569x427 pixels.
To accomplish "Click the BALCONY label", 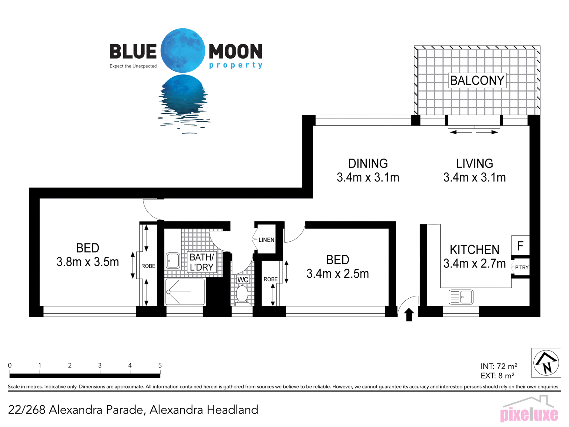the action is (x=477, y=80).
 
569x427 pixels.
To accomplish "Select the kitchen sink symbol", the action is (x=461, y=297).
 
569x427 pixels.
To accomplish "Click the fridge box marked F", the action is (x=520, y=246).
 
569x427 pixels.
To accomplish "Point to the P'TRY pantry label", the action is (x=522, y=267).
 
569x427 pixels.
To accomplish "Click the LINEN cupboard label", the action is (x=266, y=240).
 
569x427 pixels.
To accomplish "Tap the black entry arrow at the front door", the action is (x=409, y=314).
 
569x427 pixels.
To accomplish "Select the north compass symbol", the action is (x=546, y=363).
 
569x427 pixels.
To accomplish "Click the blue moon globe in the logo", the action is (x=183, y=50).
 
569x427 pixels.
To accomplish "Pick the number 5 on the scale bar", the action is (x=160, y=365).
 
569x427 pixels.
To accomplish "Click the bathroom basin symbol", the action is (x=173, y=260).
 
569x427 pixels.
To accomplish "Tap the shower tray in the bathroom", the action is (x=185, y=292).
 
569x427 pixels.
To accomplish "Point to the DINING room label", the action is (x=368, y=163).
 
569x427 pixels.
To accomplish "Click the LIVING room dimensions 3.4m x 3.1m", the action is (x=474, y=177).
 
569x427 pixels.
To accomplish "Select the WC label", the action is (x=243, y=280).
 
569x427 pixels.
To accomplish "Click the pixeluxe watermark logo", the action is (x=529, y=409).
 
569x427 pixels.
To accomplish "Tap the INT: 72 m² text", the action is (x=499, y=366).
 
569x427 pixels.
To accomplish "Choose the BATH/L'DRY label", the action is (x=202, y=262).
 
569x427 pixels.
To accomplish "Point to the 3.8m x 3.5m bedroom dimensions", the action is (x=88, y=262).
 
